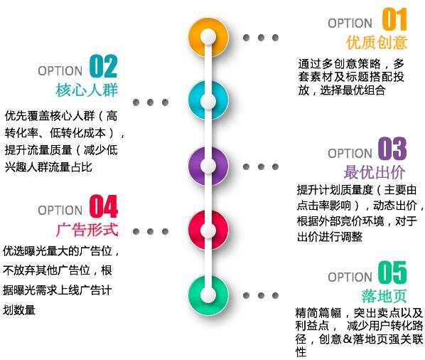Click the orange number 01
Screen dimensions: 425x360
click(394, 19)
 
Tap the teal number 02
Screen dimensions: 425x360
click(103, 66)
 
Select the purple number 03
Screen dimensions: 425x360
click(392, 148)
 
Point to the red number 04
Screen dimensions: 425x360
click(104, 206)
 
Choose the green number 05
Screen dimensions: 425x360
click(392, 272)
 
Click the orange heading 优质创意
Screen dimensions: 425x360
click(377, 43)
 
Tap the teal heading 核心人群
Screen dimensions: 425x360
click(87, 90)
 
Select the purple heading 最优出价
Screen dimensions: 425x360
click(375, 172)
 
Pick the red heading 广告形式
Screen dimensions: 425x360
click(87, 230)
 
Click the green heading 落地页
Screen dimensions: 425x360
click(384, 296)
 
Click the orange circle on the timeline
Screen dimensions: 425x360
click(208, 37)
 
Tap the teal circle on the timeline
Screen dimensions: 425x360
click(208, 100)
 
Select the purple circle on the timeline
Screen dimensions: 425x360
click(208, 166)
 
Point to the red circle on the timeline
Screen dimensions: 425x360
click(208, 230)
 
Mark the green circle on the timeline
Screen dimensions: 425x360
click(208, 295)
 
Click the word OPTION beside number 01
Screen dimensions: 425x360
click(350, 23)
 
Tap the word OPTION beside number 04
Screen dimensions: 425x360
click(60, 211)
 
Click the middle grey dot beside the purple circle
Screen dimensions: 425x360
click(261, 166)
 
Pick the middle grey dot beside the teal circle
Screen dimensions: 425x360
click(150, 102)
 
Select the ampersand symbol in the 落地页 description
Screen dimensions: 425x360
click(348, 339)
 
